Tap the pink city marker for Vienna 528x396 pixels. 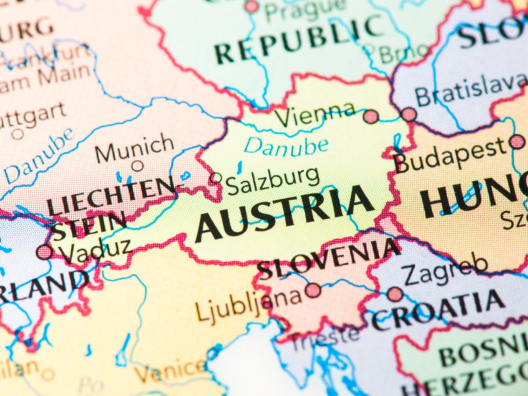(x=371, y=117)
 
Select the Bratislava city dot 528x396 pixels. (x=409, y=114)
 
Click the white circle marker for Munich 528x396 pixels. (x=138, y=166)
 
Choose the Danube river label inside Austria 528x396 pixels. (x=286, y=145)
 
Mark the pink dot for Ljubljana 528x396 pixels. (x=313, y=290)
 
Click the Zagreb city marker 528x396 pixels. (x=395, y=294)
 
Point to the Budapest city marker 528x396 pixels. (x=517, y=142)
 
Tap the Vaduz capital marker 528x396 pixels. (x=44, y=252)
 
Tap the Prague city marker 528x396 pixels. (x=252, y=6)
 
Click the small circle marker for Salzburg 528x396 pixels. (x=216, y=178)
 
